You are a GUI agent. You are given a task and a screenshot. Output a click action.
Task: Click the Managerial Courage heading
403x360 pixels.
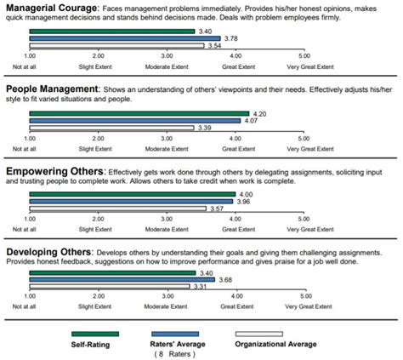tap(51, 8)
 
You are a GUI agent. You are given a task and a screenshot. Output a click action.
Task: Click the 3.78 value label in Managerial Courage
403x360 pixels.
tap(229, 38)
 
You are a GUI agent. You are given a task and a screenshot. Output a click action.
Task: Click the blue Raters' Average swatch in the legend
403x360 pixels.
tap(181, 334)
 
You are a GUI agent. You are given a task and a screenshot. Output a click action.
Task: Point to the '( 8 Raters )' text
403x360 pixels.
tap(182, 356)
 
